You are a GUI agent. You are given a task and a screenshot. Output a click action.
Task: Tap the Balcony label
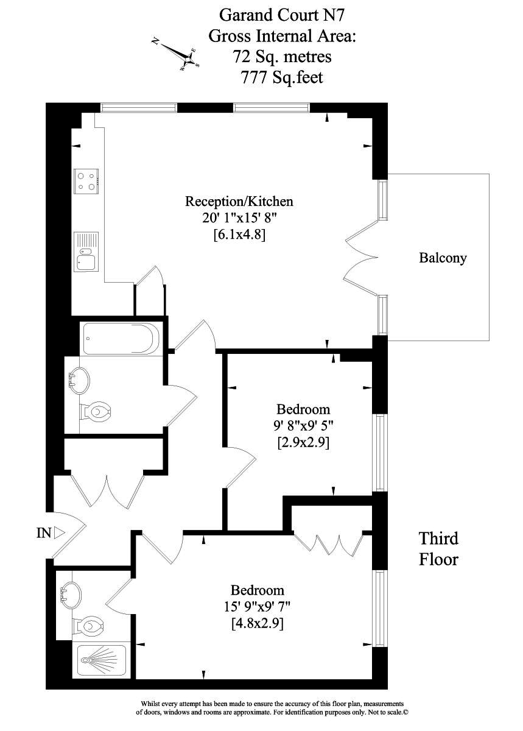tap(443, 258)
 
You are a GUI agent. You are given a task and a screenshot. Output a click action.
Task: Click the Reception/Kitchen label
tap(239, 201)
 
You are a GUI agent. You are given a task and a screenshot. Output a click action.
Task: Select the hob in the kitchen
tap(86, 180)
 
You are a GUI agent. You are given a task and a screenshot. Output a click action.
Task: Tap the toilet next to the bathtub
tap(94, 413)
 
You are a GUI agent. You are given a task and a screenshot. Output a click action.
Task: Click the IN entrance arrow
tap(58, 533)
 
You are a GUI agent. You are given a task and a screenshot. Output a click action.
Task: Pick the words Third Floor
tap(438, 548)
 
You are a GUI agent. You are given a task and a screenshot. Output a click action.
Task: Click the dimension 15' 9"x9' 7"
tap(257, 607)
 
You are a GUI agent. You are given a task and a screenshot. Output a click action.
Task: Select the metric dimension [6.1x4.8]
tap(239, 234)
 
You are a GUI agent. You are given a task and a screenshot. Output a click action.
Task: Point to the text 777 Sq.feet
tap(281, 77)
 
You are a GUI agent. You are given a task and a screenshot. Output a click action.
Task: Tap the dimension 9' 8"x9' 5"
tap(303, 426)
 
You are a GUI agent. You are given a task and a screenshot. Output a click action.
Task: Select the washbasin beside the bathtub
tap(79, 380)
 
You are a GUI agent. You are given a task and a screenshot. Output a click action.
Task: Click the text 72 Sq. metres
tap(281, 57)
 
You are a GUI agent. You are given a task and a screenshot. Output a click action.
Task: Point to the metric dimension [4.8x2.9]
tap(257, 624)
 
